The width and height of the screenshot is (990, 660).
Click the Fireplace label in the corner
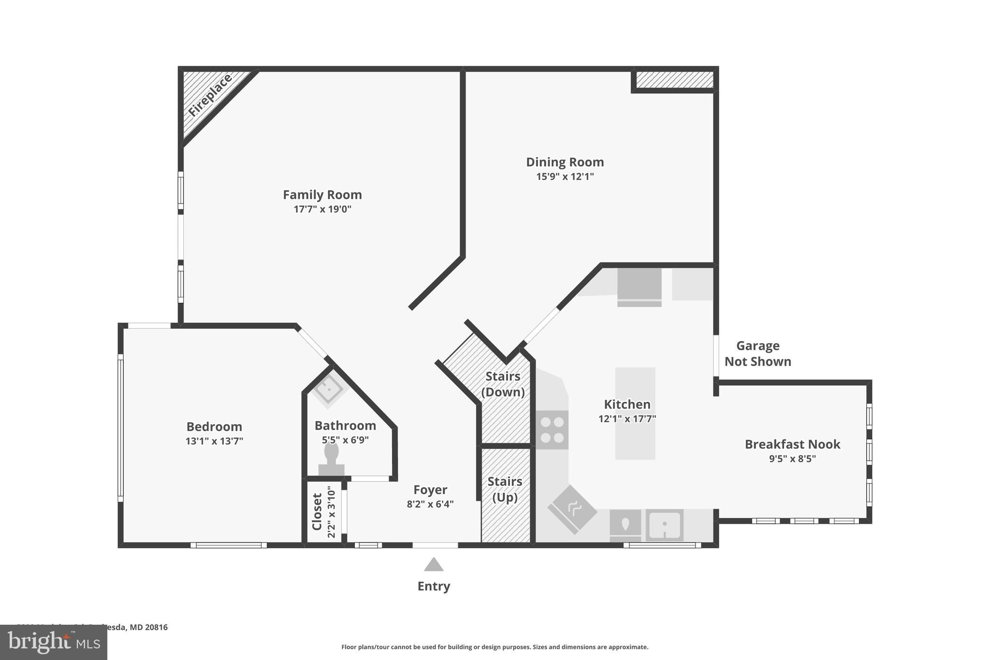click(x=210, y=96)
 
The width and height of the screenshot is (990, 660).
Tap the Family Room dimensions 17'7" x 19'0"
click(x=322, y=209)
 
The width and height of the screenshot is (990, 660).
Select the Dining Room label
click(x=565, y=162)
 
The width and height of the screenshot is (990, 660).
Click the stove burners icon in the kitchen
click(x=552, y=430)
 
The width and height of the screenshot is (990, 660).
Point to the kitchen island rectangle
click(x=635, y=413)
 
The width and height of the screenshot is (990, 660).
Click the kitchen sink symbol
click(x=665, y=525)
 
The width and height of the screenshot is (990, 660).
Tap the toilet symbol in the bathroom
click(x=331, y=458)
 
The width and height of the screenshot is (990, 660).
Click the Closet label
click(x=317, y=512)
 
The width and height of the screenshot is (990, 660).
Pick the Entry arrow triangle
click(x=434, y=565)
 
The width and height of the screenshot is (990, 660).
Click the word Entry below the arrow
click(x=434, y=586)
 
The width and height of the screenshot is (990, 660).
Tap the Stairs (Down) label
click(x=503, y=384)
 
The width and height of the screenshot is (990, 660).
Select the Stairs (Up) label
click(x=505, y=489)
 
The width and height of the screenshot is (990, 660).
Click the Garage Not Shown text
click(x=757, y=353)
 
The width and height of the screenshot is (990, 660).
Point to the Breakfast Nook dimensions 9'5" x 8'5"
click(x=792, y=458)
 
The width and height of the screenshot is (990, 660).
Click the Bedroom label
click(x=214, y=426)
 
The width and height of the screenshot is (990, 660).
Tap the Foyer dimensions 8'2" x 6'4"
click(x=430, y=504)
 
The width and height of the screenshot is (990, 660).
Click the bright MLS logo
click(x=54, y=642)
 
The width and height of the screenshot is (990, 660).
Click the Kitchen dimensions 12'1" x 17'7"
click(x=627, y=419)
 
